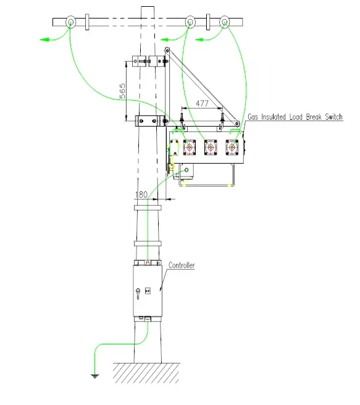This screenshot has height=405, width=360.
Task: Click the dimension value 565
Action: click(x=122, y=91)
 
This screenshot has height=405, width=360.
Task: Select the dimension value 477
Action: click(x=202, y=104)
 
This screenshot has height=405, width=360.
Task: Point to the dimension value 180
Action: click(x=141, y=194)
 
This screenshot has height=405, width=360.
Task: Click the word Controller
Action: click(x=182, y=265)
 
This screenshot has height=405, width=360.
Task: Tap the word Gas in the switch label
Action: click(x=254, y=116)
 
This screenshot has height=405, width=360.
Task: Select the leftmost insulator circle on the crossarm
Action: click(x=72, y=22)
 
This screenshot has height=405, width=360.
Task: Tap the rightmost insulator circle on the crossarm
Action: click(x=224, y=22)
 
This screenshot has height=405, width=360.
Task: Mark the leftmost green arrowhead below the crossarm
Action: click(x=45, y=40)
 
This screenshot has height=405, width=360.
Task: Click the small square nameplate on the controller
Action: click(x=148, y=290)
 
